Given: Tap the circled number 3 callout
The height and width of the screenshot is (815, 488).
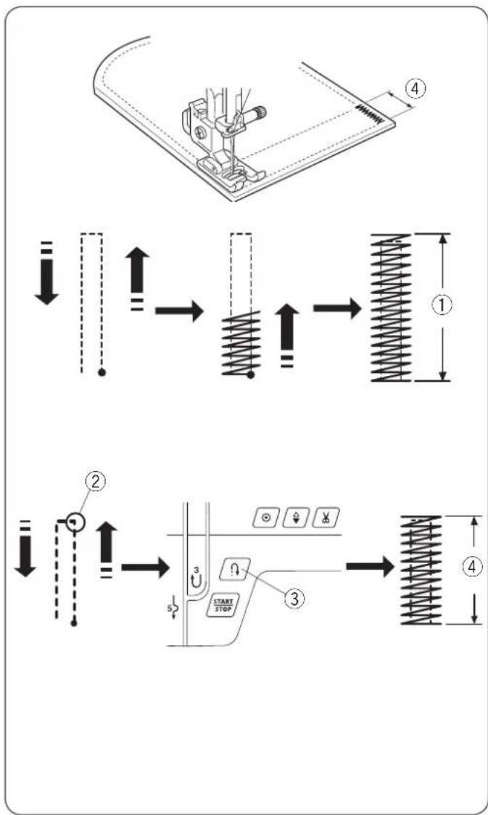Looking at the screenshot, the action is [x=294, y=598].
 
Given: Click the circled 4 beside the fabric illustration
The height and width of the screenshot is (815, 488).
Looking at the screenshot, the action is [x=415, y=89].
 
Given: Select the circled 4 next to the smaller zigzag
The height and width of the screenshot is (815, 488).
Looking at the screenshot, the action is [x=471, y=569].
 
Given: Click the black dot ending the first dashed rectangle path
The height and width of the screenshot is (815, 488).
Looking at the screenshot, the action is [x=102, y=372].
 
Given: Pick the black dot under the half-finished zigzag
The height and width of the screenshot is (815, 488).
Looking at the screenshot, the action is [x=250, y=374].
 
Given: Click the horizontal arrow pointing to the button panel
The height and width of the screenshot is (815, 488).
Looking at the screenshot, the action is [x=145, y=567].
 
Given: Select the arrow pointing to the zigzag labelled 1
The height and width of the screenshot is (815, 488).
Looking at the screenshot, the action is [x=337, y=308].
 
